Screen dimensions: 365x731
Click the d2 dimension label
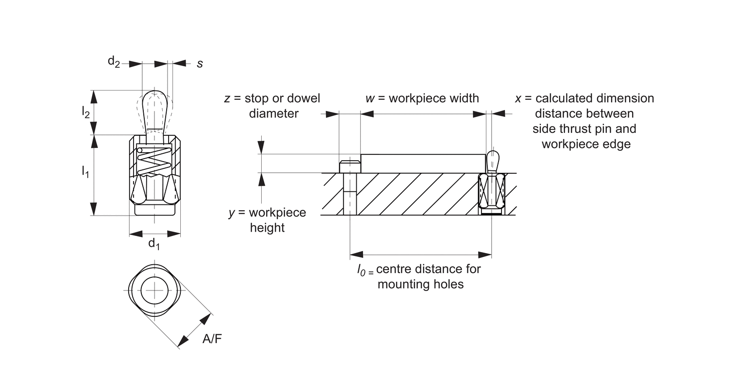coord(114,62)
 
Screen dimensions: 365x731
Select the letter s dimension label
coord(200,63)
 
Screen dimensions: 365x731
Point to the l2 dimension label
coord(85,112)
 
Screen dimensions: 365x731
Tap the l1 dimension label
coord(85,171)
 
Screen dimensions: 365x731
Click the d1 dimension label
coord(154,243)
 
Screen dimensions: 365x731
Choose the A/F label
coord(212,339)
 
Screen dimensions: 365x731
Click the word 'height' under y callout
coord(267,228)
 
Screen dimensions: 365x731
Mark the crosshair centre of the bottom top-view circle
coord(154,292)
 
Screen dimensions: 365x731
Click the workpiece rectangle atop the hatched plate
coord(423,163)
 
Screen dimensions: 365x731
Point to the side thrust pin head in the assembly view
coord(492,158)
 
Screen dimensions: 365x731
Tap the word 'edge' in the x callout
coord(618,144)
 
